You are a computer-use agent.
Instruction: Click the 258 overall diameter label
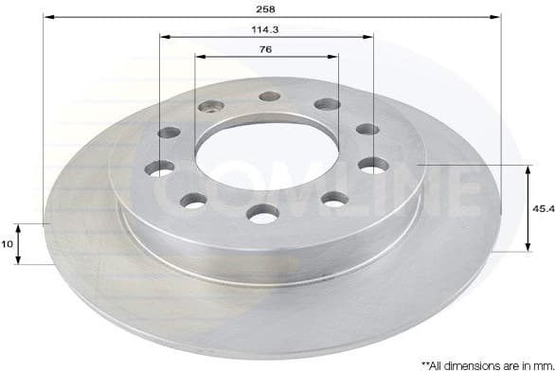[x=266, y=9]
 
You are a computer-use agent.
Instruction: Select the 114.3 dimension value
[x=266, y=28]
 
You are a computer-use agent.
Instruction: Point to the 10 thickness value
[x=9, y=244]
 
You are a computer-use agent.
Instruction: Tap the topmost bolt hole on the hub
[x=270, y=96]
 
